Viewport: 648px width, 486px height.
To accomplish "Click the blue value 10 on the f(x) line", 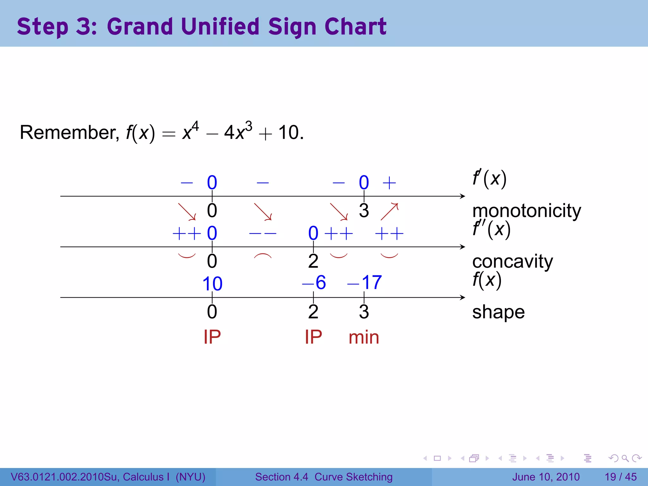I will coord(212,283).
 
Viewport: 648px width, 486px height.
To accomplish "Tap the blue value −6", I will coord(314,282).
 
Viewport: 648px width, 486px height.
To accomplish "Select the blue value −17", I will coord(364,282).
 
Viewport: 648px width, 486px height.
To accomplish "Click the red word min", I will coord(364,337).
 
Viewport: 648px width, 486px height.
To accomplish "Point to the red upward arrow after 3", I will coord(389,211).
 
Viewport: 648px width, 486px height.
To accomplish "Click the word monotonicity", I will coord(526,211).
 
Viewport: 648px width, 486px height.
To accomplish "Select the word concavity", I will coord(513,261).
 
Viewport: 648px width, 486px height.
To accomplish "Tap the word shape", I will coord(498,312).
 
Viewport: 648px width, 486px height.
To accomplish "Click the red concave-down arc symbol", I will coord(263,256).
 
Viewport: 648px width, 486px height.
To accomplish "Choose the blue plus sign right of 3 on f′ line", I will coord(389,183).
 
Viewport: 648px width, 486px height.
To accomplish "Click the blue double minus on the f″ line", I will coord(263,234).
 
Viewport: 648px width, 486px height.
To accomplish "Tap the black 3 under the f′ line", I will coord(364,211).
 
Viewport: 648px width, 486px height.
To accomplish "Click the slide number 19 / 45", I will coord(620,477).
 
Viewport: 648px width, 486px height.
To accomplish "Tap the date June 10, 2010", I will coord(546,477).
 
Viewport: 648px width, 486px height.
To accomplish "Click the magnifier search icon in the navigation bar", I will coord(625,458).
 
